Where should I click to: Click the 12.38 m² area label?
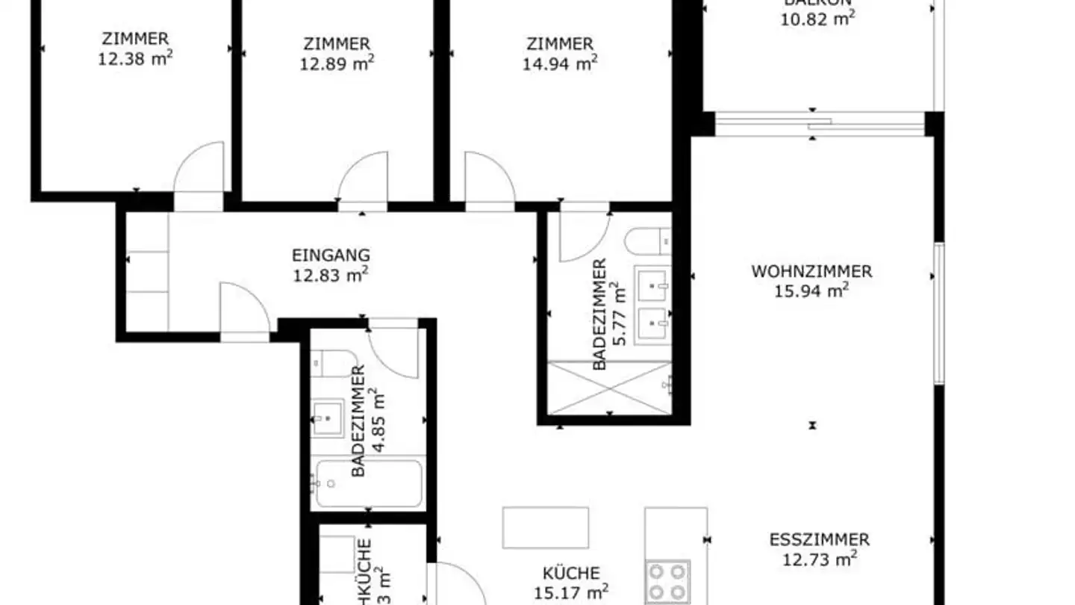click(x=135, y=58)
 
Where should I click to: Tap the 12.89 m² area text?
click(x=337, y=63)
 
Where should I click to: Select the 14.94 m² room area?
click(x=559, y=63)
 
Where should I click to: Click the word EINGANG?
click(x=331, y=255)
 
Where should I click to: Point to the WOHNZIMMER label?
click(x=811, y=271)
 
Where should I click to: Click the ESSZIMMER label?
click(x=819, y=539)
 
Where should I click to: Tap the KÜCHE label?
click(x=571, y=574)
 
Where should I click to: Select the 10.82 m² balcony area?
click(x=817, y=19)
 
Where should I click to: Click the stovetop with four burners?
click(x=667, y=582)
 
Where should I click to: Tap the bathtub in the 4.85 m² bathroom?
click(x=368, y=483)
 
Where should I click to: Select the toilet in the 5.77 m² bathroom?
click(x=647, y=241)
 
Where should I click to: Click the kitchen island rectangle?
click(x=545, y=527)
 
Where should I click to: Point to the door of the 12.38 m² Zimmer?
click(x=200, y=168)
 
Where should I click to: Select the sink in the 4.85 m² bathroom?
click(x=328, y=417)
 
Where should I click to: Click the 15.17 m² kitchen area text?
click(x=571, y=593)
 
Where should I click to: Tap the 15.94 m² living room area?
click(x=811, y=290)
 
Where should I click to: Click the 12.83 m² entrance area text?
click(x=331, y=275)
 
